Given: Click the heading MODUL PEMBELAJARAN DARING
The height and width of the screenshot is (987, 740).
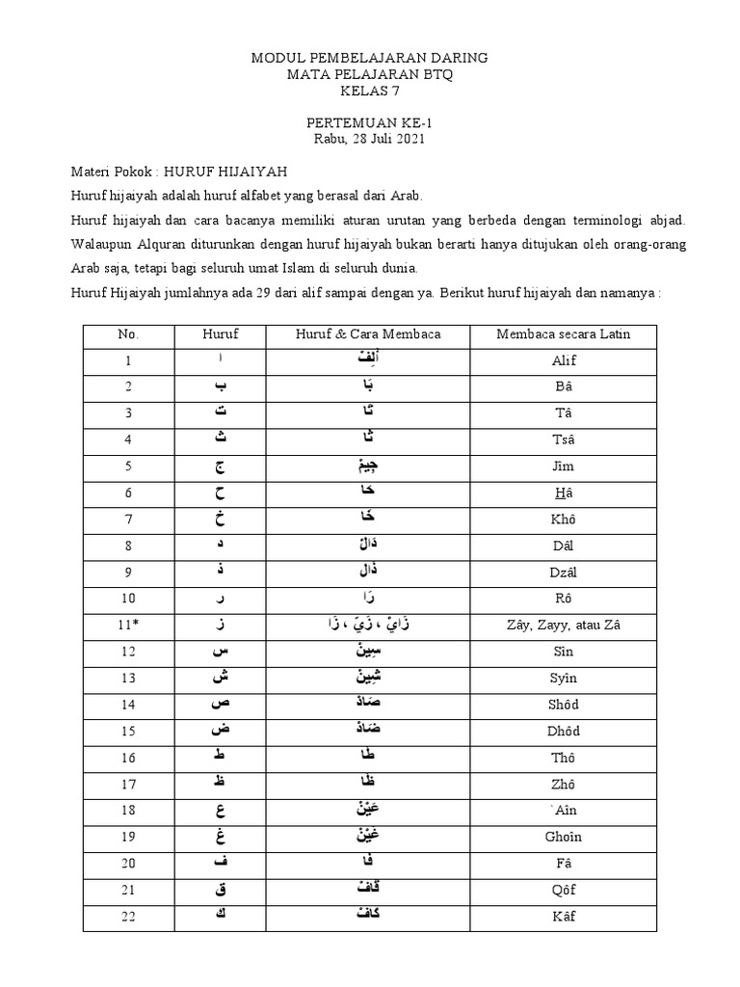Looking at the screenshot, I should coord(369,58).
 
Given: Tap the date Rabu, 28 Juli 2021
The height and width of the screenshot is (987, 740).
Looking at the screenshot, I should coord(369,139).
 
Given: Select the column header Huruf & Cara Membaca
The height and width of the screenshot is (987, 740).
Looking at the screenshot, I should coord(368,334).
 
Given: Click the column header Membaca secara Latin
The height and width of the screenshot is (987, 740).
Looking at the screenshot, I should coord(563,334).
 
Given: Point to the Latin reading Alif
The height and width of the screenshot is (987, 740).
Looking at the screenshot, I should coord(563,360).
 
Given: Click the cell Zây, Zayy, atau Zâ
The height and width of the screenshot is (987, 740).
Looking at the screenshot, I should coord(563,627).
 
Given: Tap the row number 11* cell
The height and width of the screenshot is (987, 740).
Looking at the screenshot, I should coord(128,627).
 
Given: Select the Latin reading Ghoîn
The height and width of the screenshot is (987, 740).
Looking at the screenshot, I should coord(563,837).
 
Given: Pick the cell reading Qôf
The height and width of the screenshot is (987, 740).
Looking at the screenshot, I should coord(563,890).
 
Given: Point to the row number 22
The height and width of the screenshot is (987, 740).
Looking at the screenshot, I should coord(128,916).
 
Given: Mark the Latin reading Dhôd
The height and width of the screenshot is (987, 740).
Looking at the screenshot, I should coord(563,732).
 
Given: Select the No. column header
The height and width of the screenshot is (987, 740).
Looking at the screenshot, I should coord(128,334).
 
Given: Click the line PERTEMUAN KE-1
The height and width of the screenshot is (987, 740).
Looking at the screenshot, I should coord(369,123).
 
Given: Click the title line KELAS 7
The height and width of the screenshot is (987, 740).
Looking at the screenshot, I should coord(369,92).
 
